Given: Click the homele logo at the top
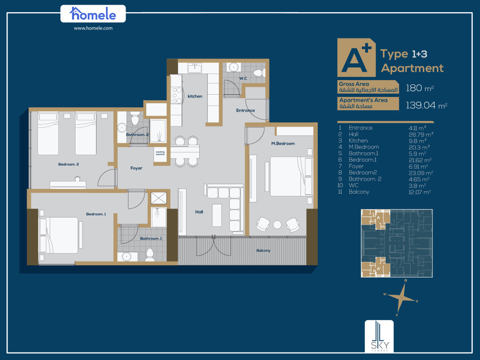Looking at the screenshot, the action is pos(93,14).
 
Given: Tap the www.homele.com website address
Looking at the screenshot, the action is pos(93,28).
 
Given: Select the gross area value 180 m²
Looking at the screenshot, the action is pos(420,88).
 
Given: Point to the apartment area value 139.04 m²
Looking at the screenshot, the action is pos(427,105).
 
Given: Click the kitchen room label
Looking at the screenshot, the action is pos(195,96).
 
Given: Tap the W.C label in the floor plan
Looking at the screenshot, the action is pos(243,78).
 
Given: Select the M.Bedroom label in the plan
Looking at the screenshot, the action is pos(283,143).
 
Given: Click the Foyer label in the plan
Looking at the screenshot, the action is pos(136,168).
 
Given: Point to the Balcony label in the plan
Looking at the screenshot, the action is pos(263,250).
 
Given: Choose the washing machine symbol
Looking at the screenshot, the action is pos(160,153).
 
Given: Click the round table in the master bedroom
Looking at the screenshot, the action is pos(277,225).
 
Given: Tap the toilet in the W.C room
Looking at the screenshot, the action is pos(259,73).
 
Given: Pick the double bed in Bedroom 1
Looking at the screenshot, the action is pos(59,235).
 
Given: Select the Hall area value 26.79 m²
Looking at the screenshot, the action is pos(420,135).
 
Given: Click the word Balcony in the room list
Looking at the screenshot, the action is pos(359,192).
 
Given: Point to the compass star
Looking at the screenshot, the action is pos(401,297).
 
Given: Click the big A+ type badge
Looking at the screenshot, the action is pos(356,58).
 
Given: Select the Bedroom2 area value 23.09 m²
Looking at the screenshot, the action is pos(421,173).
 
